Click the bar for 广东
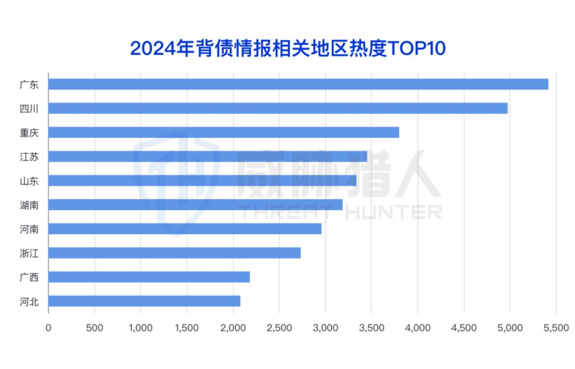(x=298, y=84)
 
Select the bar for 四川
(x=278, y=108)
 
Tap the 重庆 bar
(x=224, y=132)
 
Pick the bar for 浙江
(x=175, y=253)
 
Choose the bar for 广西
(x=149, y=277)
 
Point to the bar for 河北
(x=144, y=301)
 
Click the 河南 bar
(x=185, y=229)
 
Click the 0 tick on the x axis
(x=48, y=328)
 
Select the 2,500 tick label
(x=279, y=328)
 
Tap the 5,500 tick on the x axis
(x=556, y=328)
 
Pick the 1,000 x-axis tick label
(x=141, y=328)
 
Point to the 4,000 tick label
(x=417, y=328)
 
